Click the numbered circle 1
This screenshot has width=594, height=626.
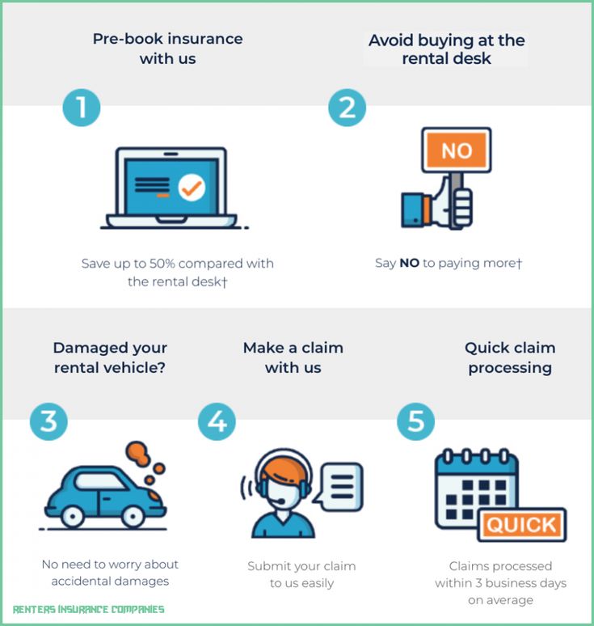click(82, 108)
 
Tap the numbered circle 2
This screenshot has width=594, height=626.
click(347, 108)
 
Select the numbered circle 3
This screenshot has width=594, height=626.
click(48, 421)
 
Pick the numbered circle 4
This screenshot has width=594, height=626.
click(217, 421)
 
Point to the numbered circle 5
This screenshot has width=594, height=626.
click(415, 421)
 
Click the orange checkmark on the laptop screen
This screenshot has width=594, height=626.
click(192, 188)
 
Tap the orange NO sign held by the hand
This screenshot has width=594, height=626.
click(457, 150)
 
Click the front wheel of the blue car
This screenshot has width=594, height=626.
click(133, 517)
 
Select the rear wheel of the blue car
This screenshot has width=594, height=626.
click(72, 517)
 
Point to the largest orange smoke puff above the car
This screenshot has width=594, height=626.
click(137, 453)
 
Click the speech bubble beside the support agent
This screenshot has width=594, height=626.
click(340, 486)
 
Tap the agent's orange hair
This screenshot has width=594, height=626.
click(284, 470)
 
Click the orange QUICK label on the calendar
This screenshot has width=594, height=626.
click(521, 525)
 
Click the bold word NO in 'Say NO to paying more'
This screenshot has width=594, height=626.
click(409, 263)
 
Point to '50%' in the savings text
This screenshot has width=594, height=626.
click(162, 264)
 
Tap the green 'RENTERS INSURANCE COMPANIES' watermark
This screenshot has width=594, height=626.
click(89, 609)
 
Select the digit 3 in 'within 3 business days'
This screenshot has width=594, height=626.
click(478, 583)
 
